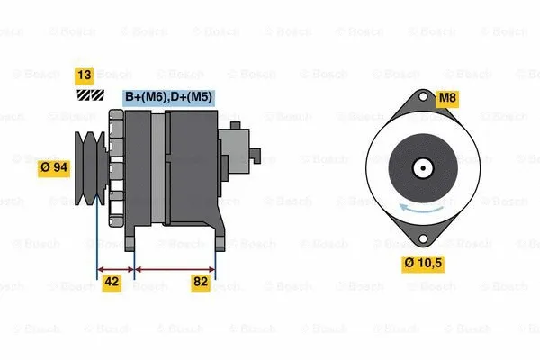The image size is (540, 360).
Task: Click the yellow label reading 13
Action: click(x=84, y=76)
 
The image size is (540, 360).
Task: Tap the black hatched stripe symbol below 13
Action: click(x=87, y=94)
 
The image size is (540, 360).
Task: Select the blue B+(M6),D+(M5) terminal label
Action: click(x=166, y=97)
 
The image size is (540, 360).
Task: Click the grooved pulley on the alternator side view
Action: click(x=91, y=162)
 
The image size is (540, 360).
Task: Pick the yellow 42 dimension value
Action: click(x=112, y=283)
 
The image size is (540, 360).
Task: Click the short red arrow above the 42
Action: click(x=115, y=268)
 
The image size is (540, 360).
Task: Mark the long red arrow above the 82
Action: click(x=175, y=268)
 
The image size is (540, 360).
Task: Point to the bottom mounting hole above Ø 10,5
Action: click(x=421, y=238)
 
